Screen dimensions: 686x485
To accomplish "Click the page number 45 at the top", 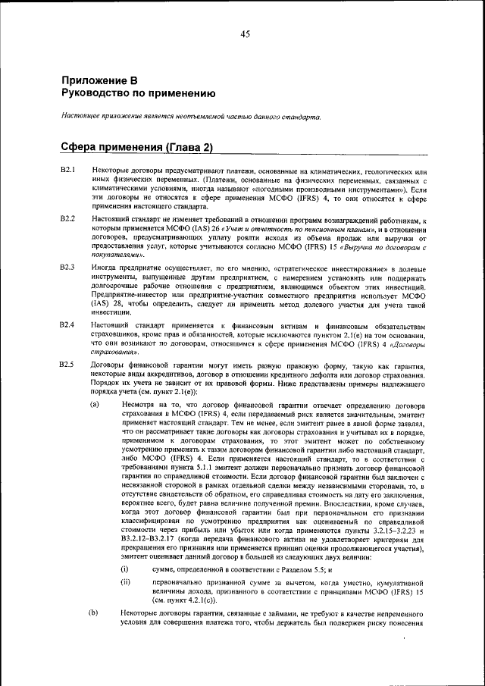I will pyautogui.click(x=245, y=34).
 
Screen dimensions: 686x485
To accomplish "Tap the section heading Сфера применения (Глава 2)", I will pyautogui.click(x=136, y=146).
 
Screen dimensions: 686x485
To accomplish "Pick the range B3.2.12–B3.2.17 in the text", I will pyautogui.click(x=155, y=537).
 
